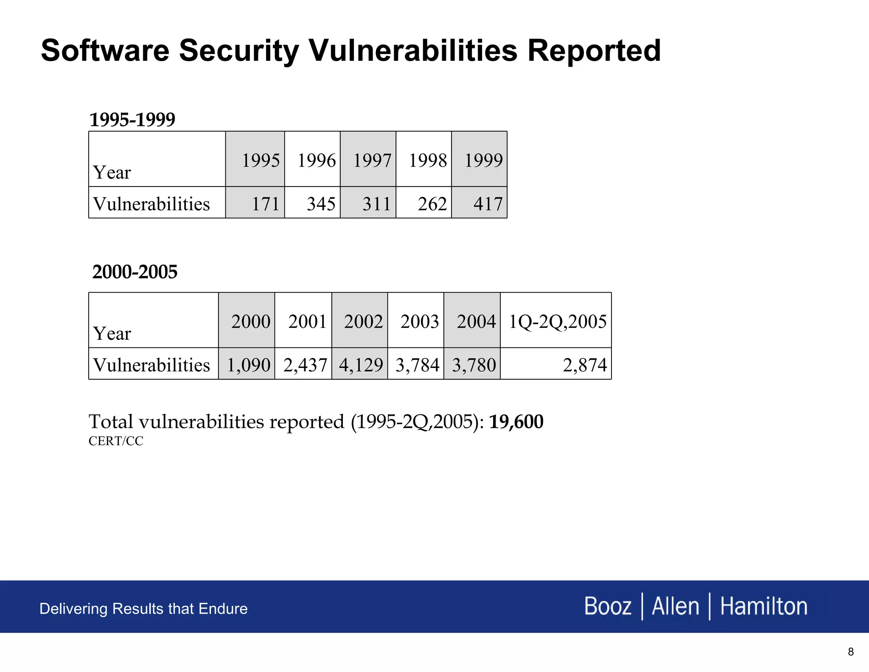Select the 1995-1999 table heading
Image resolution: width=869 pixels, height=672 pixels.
coord(132,119)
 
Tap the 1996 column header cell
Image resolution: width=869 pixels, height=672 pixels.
coord(317,161)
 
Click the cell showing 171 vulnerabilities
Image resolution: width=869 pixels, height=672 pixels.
coord(266,204)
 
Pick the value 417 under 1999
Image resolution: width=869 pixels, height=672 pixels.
coord(488,204)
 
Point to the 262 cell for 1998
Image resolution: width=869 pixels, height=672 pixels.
coord(432,204)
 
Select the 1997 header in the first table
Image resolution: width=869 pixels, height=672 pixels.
coord(372,161)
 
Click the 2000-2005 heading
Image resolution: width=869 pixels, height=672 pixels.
coord(135,272)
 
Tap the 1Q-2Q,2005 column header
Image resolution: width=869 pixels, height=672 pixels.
coord(557,322)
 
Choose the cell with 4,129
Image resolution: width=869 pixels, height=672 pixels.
coord(361,365)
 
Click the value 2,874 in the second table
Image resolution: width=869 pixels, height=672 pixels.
coord(585,365)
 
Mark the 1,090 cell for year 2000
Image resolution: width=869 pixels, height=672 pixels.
coord(249,365)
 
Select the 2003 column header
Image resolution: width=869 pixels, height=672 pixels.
coord(419,322)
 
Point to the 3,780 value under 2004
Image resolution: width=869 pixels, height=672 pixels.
coord(474,365)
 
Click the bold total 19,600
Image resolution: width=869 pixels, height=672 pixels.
coord(516,422)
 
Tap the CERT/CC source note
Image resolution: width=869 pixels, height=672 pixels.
coord(116,441)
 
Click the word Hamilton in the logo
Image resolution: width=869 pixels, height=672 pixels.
coord(764,606)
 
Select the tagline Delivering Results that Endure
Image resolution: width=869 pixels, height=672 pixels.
coord(143,609)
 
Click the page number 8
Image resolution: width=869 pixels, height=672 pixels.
coord(850,652)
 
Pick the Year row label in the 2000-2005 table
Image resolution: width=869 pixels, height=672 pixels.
coord(112,334)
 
